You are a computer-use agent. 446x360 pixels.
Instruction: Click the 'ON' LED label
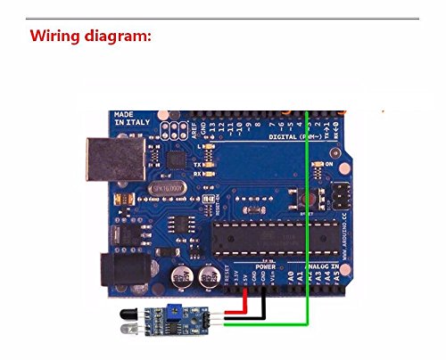[330, 165]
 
